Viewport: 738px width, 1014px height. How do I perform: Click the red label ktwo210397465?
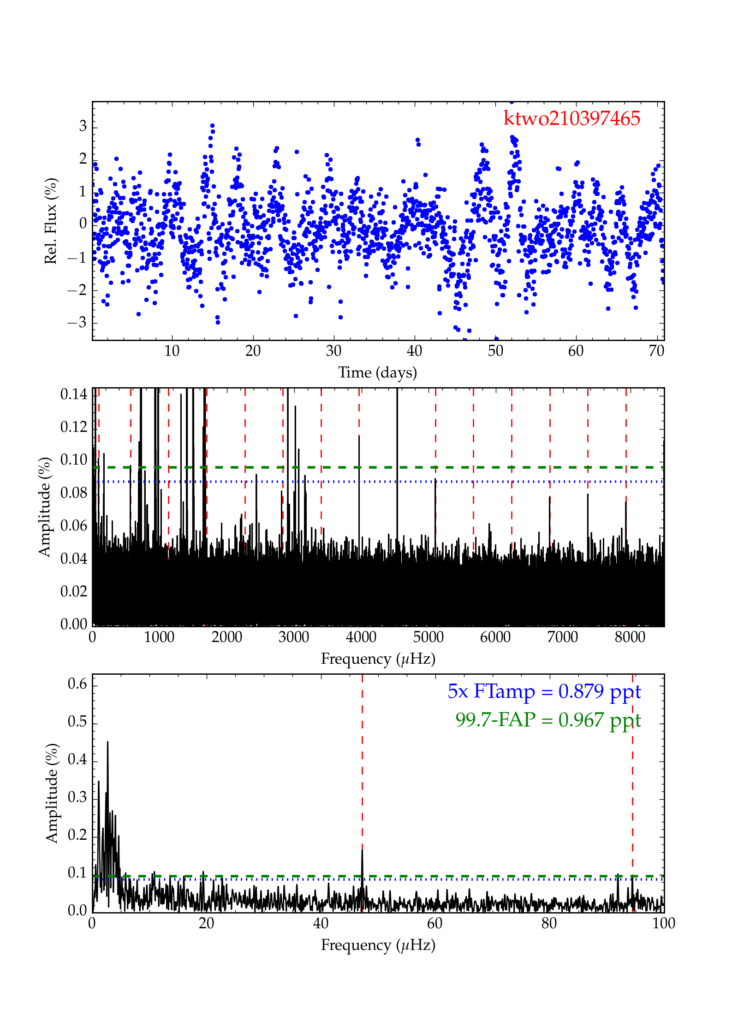click(571, 118)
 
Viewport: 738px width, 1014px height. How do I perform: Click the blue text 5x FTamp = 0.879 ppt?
click(544, 691)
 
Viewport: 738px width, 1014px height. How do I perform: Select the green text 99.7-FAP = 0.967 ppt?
click(548, 719)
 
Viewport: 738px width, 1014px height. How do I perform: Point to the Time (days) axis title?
click(377, 372)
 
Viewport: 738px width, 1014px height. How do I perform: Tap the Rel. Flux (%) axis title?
click(50, 221)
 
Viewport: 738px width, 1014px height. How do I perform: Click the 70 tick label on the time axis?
click(656, 351)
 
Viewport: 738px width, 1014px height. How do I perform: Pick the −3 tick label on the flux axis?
click(77, 322)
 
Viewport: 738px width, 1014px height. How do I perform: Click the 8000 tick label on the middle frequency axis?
click(630, 637)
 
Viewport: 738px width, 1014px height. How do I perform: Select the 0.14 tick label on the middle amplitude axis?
click(74, 394)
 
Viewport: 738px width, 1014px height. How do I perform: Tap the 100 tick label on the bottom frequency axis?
click(663, 923)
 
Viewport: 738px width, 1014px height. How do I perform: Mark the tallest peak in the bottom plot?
click(107, 742)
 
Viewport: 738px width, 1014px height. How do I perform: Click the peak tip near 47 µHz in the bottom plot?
click(362, 849)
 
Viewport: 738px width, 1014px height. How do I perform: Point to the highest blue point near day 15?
click(212, 125)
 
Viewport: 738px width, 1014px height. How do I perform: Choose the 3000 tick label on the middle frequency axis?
click(293, 637)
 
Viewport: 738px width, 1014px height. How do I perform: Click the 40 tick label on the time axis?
click(414, 351)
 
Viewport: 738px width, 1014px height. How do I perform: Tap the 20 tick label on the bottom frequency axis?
click(206, 923)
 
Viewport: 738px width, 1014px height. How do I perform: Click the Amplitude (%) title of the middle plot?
click(44, 507)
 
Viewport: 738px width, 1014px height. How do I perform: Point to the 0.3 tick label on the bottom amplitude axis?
click(77, 797)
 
